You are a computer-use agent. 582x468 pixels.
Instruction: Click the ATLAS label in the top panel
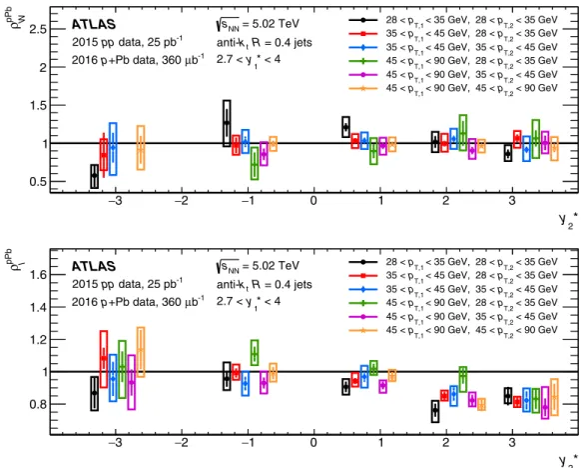pyautogui.click(x=94, y=25)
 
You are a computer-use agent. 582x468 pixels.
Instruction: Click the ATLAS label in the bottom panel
pyautogui.click(x=94, y=267)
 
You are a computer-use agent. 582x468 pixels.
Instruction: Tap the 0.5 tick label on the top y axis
pyautogui.click(x=38, y=182)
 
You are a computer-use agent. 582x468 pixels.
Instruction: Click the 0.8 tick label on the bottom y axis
pyautogui.click(x=38, y=404)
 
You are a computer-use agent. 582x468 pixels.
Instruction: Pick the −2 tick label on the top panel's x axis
pyautogui.click(x=182, y=201)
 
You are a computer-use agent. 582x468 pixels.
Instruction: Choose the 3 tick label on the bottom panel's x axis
pyautogui.click(x=512, y=443)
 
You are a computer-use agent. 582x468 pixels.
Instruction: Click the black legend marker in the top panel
pyautogui.click(x=363, y=20)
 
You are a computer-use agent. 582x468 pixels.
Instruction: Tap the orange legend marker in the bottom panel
pyautogui.click(x=363, y=330)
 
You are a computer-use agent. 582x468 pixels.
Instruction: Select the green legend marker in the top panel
pyautogui.click(x=363, y=61)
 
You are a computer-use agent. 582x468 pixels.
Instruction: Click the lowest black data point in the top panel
pyautogui.click(x=95, y=175)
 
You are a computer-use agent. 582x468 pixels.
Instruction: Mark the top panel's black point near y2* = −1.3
pyautogui.click(x=227, y=123)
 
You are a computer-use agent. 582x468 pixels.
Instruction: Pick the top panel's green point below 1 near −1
pyautogui.click(x=255, y=165)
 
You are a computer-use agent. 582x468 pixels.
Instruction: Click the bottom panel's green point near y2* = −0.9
pyautogui.click(x=255, y=353)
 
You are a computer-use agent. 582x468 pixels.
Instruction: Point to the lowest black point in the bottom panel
pyautogui.click(x=435, y=411)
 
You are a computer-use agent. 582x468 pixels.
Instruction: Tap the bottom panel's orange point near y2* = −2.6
pyautogui.click(x=141, y=350)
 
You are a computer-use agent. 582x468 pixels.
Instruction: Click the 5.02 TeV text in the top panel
pyautogui.click(x=276, y=24)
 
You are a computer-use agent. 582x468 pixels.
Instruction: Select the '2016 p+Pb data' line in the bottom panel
pyautogui.click(x=115, y=302)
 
